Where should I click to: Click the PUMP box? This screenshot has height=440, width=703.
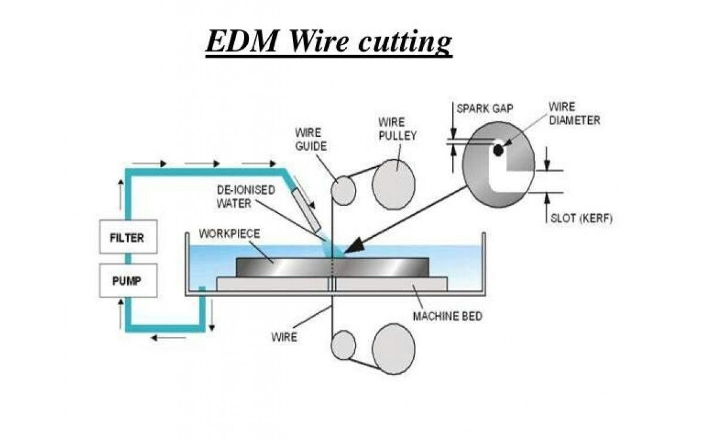128,280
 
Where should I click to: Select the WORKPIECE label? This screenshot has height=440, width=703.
229,233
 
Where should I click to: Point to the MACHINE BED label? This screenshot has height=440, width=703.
447,316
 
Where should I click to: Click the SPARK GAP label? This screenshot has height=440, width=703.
484,109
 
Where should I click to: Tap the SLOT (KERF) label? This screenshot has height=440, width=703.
579,218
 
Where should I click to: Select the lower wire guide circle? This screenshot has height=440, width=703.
343,346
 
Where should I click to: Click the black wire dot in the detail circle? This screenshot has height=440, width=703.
498,151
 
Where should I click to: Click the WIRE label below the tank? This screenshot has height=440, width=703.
284,337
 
